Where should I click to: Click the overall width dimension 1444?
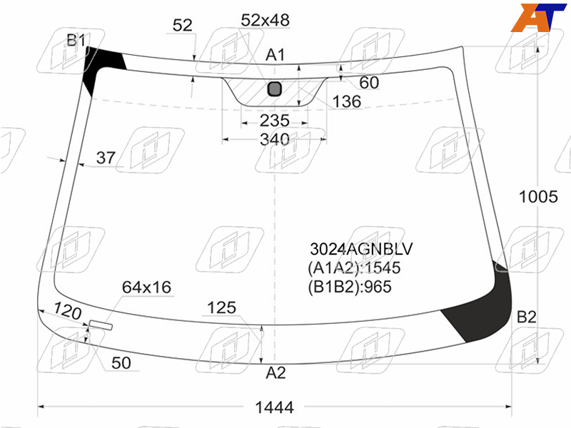point(274,407)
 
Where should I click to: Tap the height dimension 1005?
point(538,197)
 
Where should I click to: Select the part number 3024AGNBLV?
point(361,249)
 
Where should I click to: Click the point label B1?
point(76,40)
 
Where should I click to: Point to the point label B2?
point(527,317)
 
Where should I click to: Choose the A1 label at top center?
point(275,56)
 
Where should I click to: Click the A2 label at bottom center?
point(276,373)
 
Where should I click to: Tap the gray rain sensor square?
point(275,88)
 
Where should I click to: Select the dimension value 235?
point(275,121)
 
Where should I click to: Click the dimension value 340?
point(275,139)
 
